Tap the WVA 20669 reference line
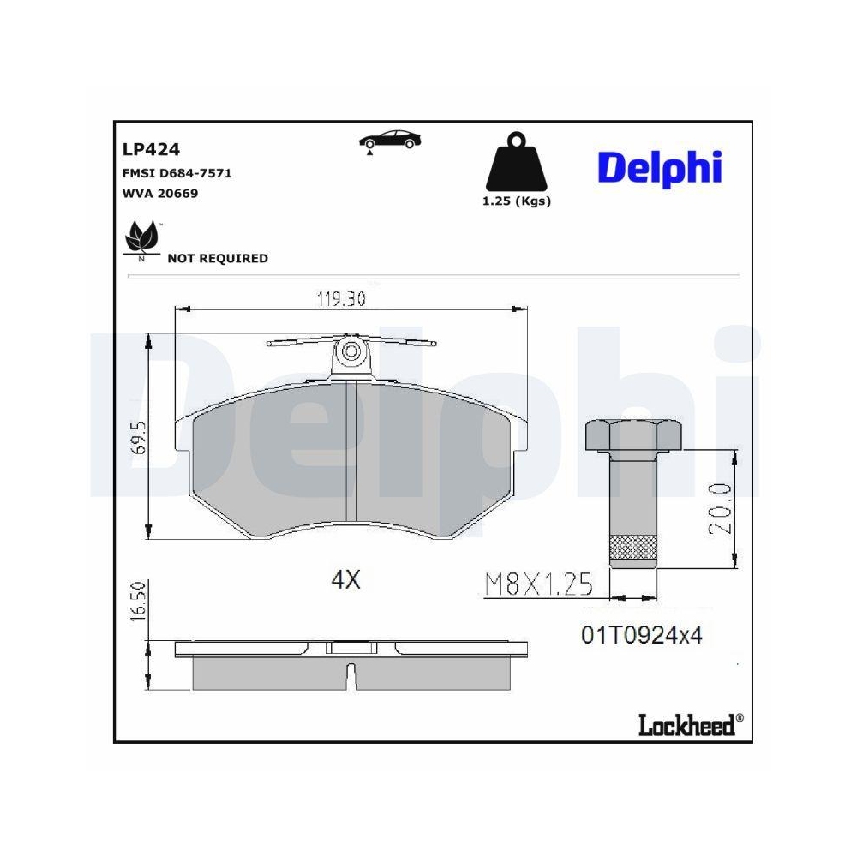pyautogui.click(x=161, y=194)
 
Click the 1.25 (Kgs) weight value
pyautogui.click(x=517, y=201)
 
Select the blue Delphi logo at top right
pyautogui.click(x=659, y=168)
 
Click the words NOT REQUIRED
pyautogui.click(x=217, y=258)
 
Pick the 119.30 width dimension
pyautogui.click(x=342, y=299)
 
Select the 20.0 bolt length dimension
pyautogui.click(x=718, y=508)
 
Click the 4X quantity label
pyautogui.click(x=345, y=580)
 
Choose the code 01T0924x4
pyautogui.click(x=642, y=635)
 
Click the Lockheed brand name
pyautogui.click(x=686, y=725)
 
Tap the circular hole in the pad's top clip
pyautogui.click(x=351, y=351)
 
